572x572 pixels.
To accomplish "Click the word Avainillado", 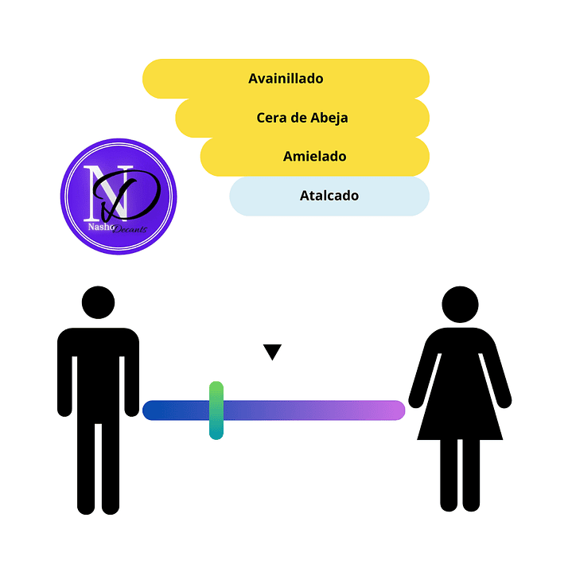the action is (x=286, y=79).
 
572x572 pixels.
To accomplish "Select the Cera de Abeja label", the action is (x=302, y=118).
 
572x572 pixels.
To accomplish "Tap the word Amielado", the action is (x=314, y=157).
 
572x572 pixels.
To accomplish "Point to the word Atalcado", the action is (x=329, y=196).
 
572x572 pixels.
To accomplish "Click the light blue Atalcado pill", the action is (x=329, y=197).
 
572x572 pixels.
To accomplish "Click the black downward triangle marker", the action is (x=272, y=351).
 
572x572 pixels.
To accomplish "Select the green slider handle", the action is (x=216, y=411).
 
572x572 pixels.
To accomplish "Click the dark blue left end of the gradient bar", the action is (x=150, y=411).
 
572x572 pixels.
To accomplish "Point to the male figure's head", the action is (x=98, y=302).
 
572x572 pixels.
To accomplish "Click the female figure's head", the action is (x=460, y=304).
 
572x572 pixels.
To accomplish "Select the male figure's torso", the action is (x=98, y=372).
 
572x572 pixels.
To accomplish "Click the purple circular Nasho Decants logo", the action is (x=119, y=197).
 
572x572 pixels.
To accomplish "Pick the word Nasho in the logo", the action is (x=101, y=227).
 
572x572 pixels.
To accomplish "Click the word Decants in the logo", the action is (x=130, y=229).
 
